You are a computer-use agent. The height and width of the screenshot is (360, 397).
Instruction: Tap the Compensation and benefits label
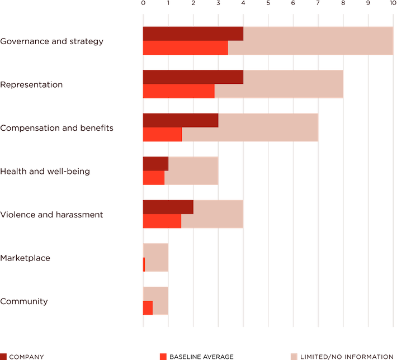(x=57, y=128)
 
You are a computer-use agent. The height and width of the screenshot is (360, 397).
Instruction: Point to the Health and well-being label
(x=45, y=171)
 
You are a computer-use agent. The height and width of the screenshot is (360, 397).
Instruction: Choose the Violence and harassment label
(x=51, y=214)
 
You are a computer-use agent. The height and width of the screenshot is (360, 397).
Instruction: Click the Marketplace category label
(x=26, y=258)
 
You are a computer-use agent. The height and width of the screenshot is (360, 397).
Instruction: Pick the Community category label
(x=24, y=301)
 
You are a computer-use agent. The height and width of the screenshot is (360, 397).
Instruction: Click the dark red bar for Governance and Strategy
(x=192, y=34)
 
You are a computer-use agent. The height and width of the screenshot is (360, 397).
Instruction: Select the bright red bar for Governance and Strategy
(x=185, y=48)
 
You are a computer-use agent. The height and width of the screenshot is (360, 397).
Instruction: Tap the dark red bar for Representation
(x=192, y=77)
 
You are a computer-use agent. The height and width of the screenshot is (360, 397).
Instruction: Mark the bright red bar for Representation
(x=178, y=91)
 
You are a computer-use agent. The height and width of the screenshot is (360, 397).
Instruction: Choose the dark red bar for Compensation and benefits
(x=180, y=120)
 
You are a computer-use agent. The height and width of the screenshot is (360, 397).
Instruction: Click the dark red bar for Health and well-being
(x=155, y=163)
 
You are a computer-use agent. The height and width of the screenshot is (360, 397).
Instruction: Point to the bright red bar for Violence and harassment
(x=162, y=221)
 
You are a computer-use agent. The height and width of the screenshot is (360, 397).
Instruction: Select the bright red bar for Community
(x=147, y=308)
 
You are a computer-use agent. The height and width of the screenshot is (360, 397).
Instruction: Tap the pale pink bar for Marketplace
(x=157, y=257)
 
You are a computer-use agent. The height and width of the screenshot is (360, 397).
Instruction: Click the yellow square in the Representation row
(x=355, y=84)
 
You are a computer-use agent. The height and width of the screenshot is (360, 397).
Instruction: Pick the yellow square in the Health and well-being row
(x=230, y=170)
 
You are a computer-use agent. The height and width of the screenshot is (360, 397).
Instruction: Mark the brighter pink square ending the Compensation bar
(x=330, y=127)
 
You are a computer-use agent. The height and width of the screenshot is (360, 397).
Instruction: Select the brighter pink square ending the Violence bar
(x=256, y=214)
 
